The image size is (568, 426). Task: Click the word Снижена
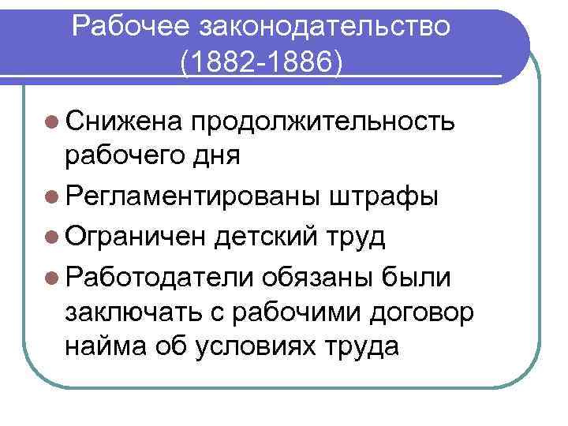point(125,121)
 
